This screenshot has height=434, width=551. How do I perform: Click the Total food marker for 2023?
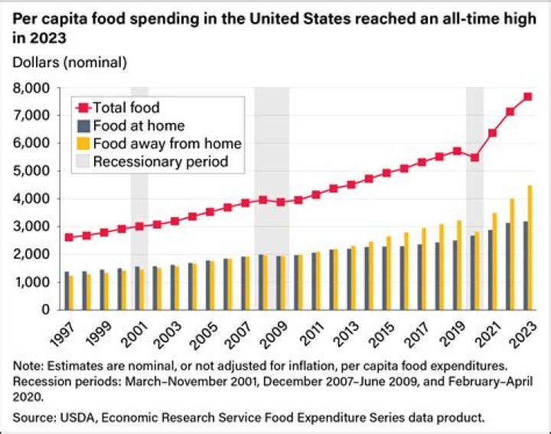tap(527, 96)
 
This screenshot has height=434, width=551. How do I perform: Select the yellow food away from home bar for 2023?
tap(530, 248)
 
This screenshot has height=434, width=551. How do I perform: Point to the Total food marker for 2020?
tap(475, 157)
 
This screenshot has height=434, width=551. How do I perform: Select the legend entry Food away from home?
tap(167, 144)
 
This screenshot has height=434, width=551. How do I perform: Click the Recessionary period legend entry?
tap(160, 161)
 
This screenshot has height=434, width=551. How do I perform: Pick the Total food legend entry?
tap(126, 108)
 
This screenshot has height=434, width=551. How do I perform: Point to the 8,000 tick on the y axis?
tap(34, 88)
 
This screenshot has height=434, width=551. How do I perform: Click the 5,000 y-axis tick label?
tap(34, 171)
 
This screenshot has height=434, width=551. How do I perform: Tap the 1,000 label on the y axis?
tap(34, 283)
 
